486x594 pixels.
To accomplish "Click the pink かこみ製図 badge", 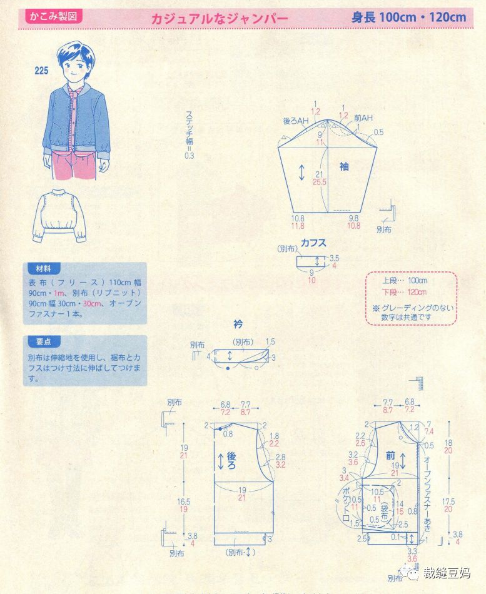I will [53, 17].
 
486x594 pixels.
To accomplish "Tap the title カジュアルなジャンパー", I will [220, 18].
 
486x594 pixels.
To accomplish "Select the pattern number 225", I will [42, 71].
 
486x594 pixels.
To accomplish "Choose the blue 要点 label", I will [44, 342].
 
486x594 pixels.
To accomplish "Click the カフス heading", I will [313, 242].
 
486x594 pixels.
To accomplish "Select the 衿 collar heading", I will [238, 324].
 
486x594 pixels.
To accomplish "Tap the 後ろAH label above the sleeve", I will [296, 119].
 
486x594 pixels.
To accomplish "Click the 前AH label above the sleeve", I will [363, 118].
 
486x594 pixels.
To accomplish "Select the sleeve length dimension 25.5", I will [320, 182].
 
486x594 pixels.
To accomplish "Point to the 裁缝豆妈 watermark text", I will [446, 573].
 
